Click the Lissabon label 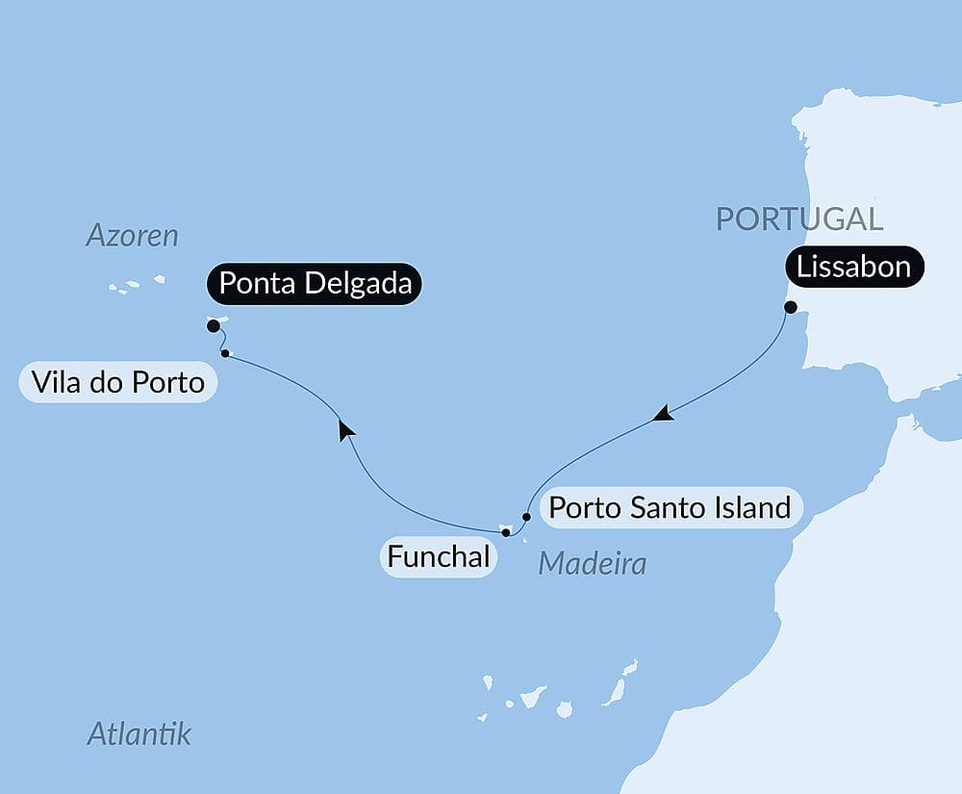tap(855, 266)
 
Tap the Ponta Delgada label tap(315, 284)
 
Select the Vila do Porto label tap(117, 383)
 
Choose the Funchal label tap(438, 556)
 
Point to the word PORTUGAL tap(798, 219)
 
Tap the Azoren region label tap(133, 236)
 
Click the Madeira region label tap(592, 564)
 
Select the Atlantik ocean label tap(139, 734)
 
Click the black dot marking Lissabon tap(790, 308)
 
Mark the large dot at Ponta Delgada tap(214, 326)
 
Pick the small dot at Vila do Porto tap(225, 353)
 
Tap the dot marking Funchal tap(506, 532)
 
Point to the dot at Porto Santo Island tap(526, 516)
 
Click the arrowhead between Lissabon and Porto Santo tap(662, 415)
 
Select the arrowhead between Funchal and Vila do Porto tap(345, 429)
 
